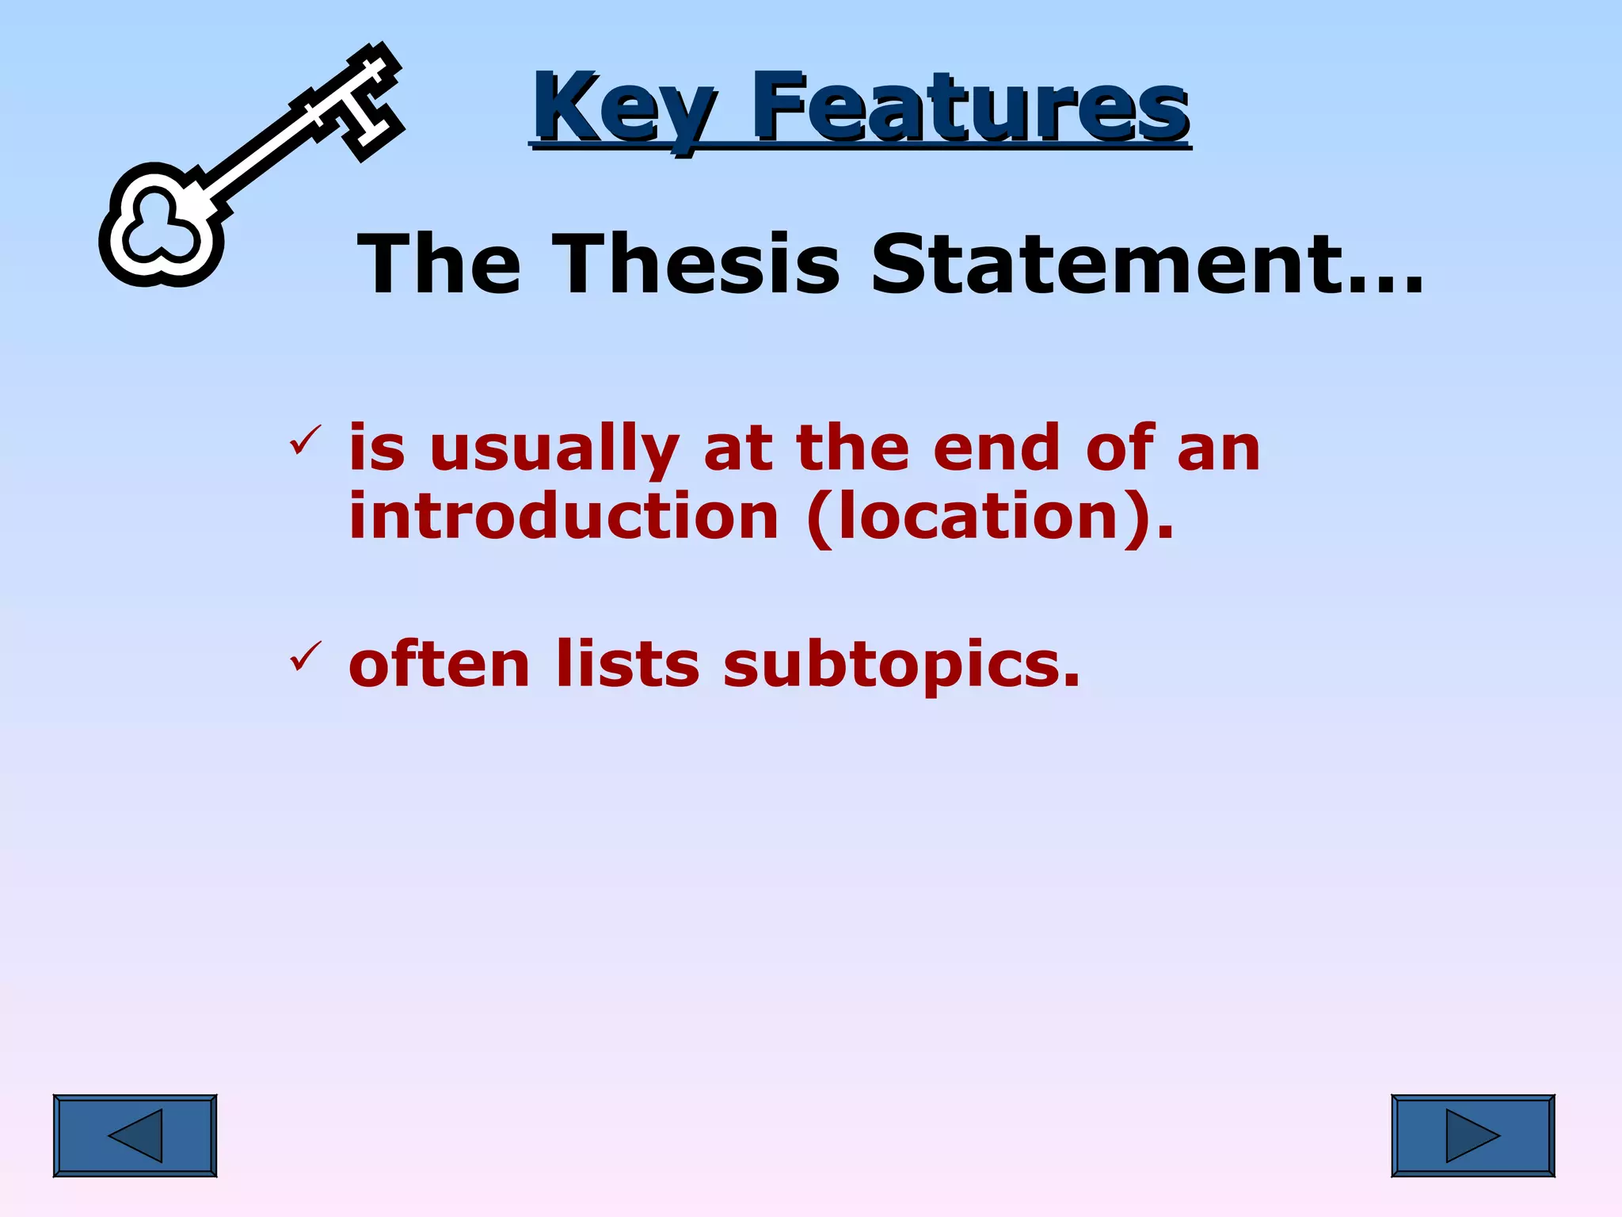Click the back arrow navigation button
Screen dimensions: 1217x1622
(135, 1135)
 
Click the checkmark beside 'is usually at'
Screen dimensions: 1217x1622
(305, 441)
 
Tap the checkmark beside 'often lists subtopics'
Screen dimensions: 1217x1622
(305, 656)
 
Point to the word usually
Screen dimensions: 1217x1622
(554, 450)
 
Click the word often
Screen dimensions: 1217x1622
(439, 664)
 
